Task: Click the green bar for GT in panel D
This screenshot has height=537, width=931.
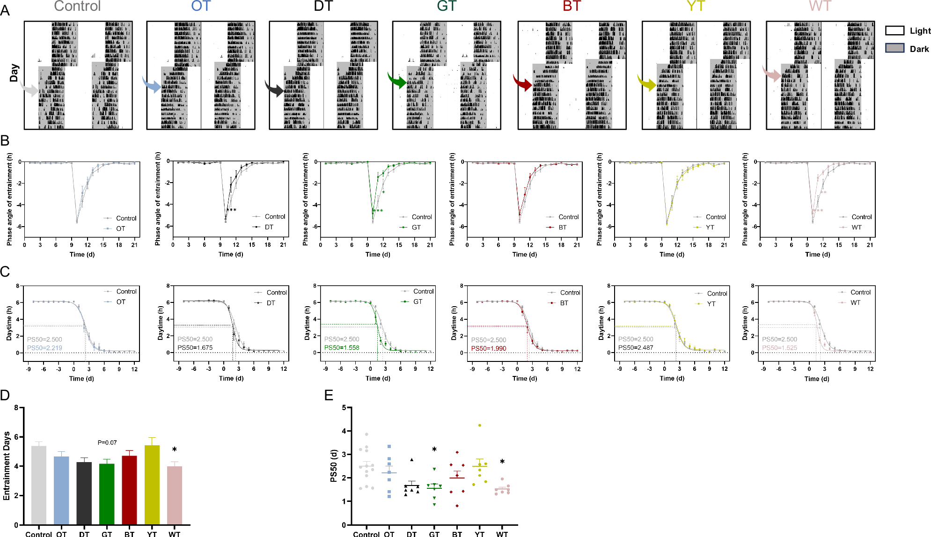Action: [107, 494]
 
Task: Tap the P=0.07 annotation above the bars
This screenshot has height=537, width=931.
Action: [107, 442]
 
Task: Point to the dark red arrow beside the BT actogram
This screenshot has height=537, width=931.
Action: [522, 82]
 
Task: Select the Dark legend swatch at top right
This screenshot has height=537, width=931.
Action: [894, 48]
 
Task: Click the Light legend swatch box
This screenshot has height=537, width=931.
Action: [894, 31]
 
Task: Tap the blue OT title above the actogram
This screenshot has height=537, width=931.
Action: [201, 6]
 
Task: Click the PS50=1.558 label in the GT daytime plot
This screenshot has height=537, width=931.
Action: [342, 348]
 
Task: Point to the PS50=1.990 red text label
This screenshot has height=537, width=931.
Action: [488, 348]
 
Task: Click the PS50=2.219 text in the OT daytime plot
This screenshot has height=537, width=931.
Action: [44, 348]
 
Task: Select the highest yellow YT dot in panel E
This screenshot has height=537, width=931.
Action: [480, 425]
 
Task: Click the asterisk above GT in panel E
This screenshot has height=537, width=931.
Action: [434, 450]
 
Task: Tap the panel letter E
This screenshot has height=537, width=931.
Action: [329, 396]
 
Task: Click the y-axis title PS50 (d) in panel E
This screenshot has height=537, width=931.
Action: [334, 466]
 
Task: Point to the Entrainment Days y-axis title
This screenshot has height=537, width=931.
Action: [7, 466]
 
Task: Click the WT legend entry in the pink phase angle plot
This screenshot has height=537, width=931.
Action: [856, 228]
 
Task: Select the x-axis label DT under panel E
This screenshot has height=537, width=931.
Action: [411, 534]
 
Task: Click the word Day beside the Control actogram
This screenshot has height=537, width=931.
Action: [14, 74]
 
